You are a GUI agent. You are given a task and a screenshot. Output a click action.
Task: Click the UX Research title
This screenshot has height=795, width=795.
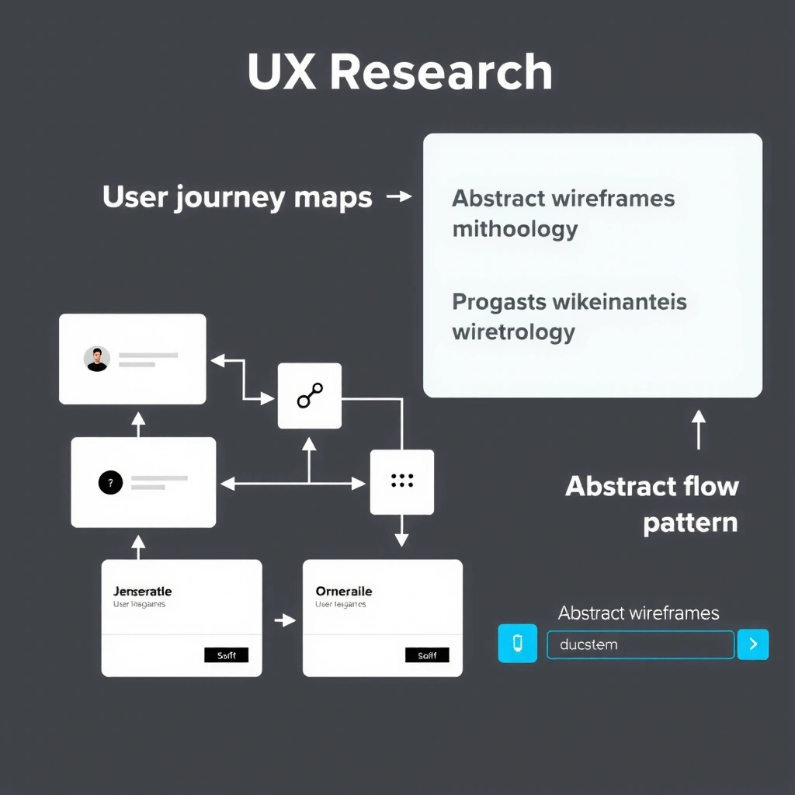click(399, 72)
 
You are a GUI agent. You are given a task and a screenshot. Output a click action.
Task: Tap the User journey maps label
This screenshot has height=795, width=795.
click(237, 197)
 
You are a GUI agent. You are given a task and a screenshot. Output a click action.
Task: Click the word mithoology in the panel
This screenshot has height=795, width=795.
click(515, 229)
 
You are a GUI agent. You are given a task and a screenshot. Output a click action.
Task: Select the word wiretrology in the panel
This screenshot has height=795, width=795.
click(513, 332)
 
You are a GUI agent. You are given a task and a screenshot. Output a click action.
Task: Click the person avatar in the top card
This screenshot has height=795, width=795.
click(97, 359)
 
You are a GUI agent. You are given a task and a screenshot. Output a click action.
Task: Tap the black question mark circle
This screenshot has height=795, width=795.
click(110, 483)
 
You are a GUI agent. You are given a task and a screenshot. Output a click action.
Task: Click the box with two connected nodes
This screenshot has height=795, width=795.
click(310, 396)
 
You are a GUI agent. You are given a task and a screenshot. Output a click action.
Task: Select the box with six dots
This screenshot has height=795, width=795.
click(401, 482)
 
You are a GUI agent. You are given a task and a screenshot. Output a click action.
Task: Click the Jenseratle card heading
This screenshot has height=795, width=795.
click(142, 592)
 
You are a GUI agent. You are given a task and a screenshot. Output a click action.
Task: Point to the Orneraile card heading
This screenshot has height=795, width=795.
click(344, 592)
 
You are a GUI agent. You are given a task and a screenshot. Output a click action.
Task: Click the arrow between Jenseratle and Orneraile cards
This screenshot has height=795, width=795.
click(285, 620)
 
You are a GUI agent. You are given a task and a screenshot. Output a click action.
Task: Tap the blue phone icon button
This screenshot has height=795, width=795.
click(518, 644)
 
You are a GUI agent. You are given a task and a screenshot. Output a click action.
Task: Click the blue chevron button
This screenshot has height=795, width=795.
click(752, 644)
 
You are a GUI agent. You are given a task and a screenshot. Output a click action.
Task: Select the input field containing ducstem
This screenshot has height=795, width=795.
click(640, 644)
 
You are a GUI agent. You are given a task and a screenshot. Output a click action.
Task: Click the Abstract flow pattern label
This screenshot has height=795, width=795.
click(651, 504)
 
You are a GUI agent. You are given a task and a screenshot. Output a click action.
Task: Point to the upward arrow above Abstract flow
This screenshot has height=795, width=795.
click(699, 430)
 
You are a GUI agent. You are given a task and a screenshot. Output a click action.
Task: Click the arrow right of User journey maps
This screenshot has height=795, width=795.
click(399, 197)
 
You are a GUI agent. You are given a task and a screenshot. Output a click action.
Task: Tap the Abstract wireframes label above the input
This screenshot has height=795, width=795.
click(638, 613)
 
